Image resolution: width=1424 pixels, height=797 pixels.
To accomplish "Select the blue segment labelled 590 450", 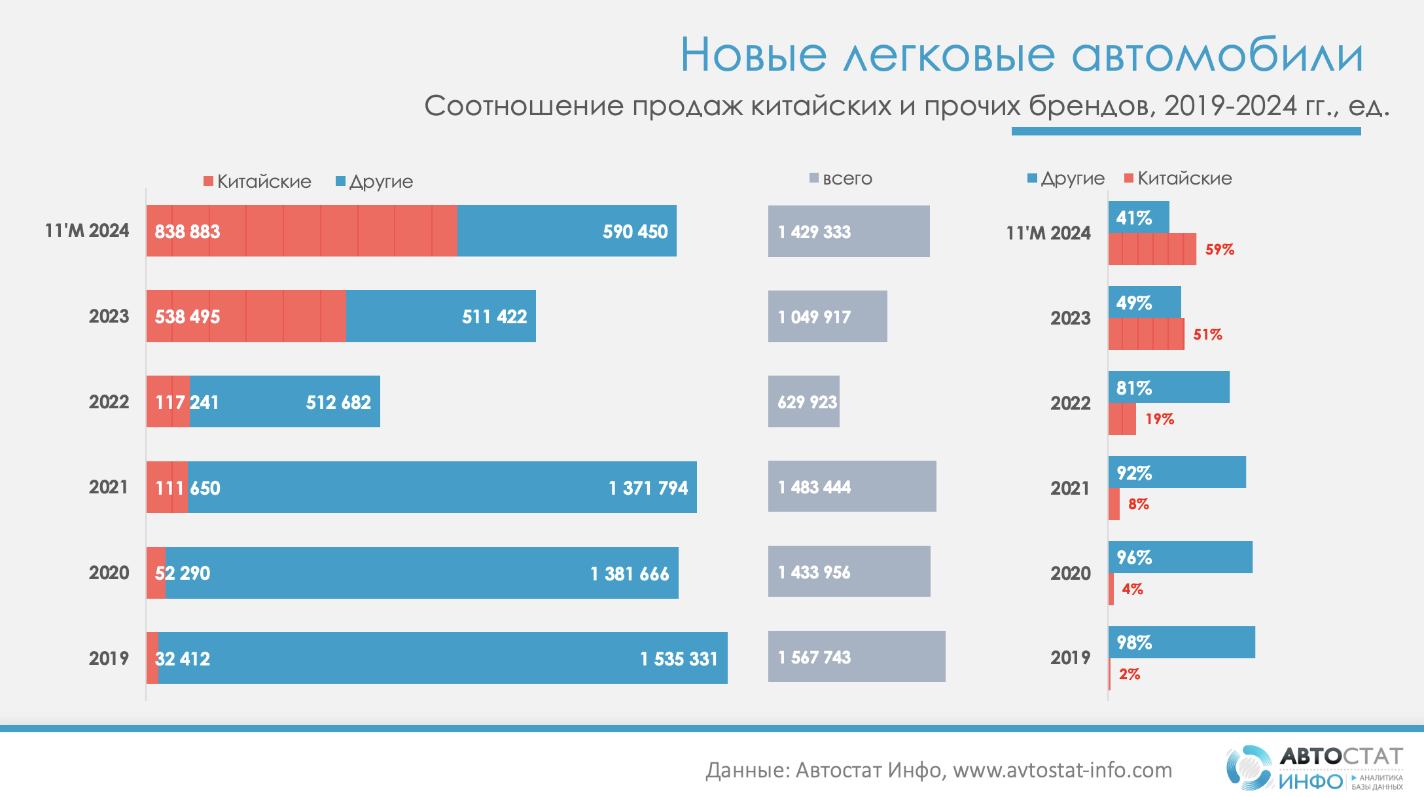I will [567, 231].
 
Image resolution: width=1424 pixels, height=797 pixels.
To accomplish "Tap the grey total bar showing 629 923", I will [804, 402].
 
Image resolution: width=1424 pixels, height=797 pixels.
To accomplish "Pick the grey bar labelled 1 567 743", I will [856, 657].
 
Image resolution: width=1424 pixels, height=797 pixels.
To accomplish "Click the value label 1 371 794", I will [648, 488].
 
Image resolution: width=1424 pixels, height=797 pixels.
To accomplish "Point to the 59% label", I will [1220, 249].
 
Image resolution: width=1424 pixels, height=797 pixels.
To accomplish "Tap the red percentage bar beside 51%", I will [1146, 334].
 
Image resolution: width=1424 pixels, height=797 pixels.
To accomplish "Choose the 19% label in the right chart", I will [1160, 419].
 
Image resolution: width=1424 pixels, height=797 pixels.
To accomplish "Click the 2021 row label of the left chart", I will [109, 487].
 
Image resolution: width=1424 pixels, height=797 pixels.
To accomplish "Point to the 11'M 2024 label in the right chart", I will [1048, 233].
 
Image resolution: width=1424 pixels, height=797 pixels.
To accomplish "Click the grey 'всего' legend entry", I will [841, 179].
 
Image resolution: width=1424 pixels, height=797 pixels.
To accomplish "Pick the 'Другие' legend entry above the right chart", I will [1066, 179].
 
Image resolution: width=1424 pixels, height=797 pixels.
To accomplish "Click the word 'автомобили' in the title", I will [1217, 55].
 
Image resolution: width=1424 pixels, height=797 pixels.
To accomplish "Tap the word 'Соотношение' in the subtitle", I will [524, 106].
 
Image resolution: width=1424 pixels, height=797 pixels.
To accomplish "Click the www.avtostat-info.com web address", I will [1062, 770].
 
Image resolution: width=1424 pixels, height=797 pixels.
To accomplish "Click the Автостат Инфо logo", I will [1314, 768].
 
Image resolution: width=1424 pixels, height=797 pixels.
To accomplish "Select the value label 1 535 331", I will [679, 659].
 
